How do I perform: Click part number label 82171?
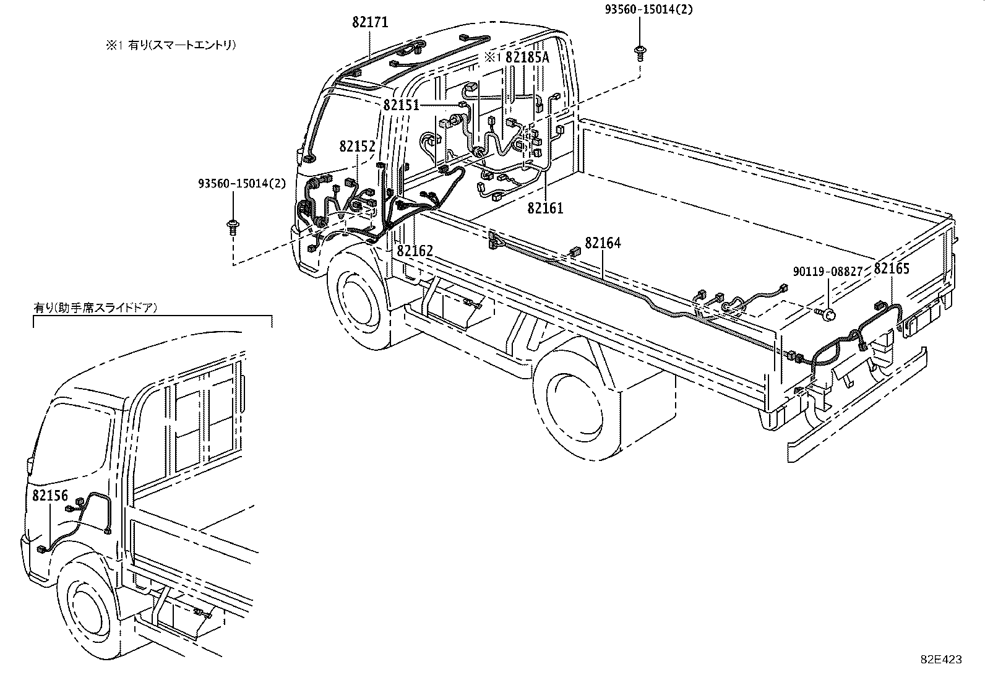[370, 22]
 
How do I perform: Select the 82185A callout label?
[527, 57]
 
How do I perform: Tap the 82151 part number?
[401, 105]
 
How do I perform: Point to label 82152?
[357, 147]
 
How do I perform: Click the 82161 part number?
[545, 208]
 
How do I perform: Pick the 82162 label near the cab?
[415, 251]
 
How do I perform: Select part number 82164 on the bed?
[603, 243]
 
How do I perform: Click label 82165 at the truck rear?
[892, 269]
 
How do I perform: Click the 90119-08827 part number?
[828, 271]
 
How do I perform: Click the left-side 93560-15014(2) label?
[242, 184]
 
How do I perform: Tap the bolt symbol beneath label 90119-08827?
[827, 313]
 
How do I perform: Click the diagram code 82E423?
[941, 660]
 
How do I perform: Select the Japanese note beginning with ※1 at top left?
[170, 45]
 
